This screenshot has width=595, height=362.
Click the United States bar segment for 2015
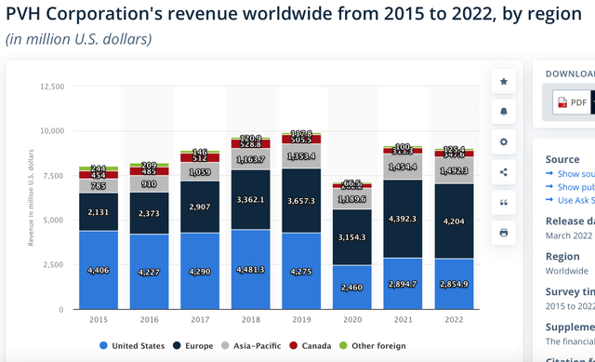pos(99,270)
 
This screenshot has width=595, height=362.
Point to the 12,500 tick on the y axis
pos(51,87)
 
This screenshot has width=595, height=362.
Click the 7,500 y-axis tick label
pos(53,176)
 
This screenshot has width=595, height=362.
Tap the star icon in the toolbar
pos(503,82)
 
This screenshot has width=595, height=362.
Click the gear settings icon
pos(503,141)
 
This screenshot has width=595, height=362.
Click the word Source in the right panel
pos(563,159)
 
